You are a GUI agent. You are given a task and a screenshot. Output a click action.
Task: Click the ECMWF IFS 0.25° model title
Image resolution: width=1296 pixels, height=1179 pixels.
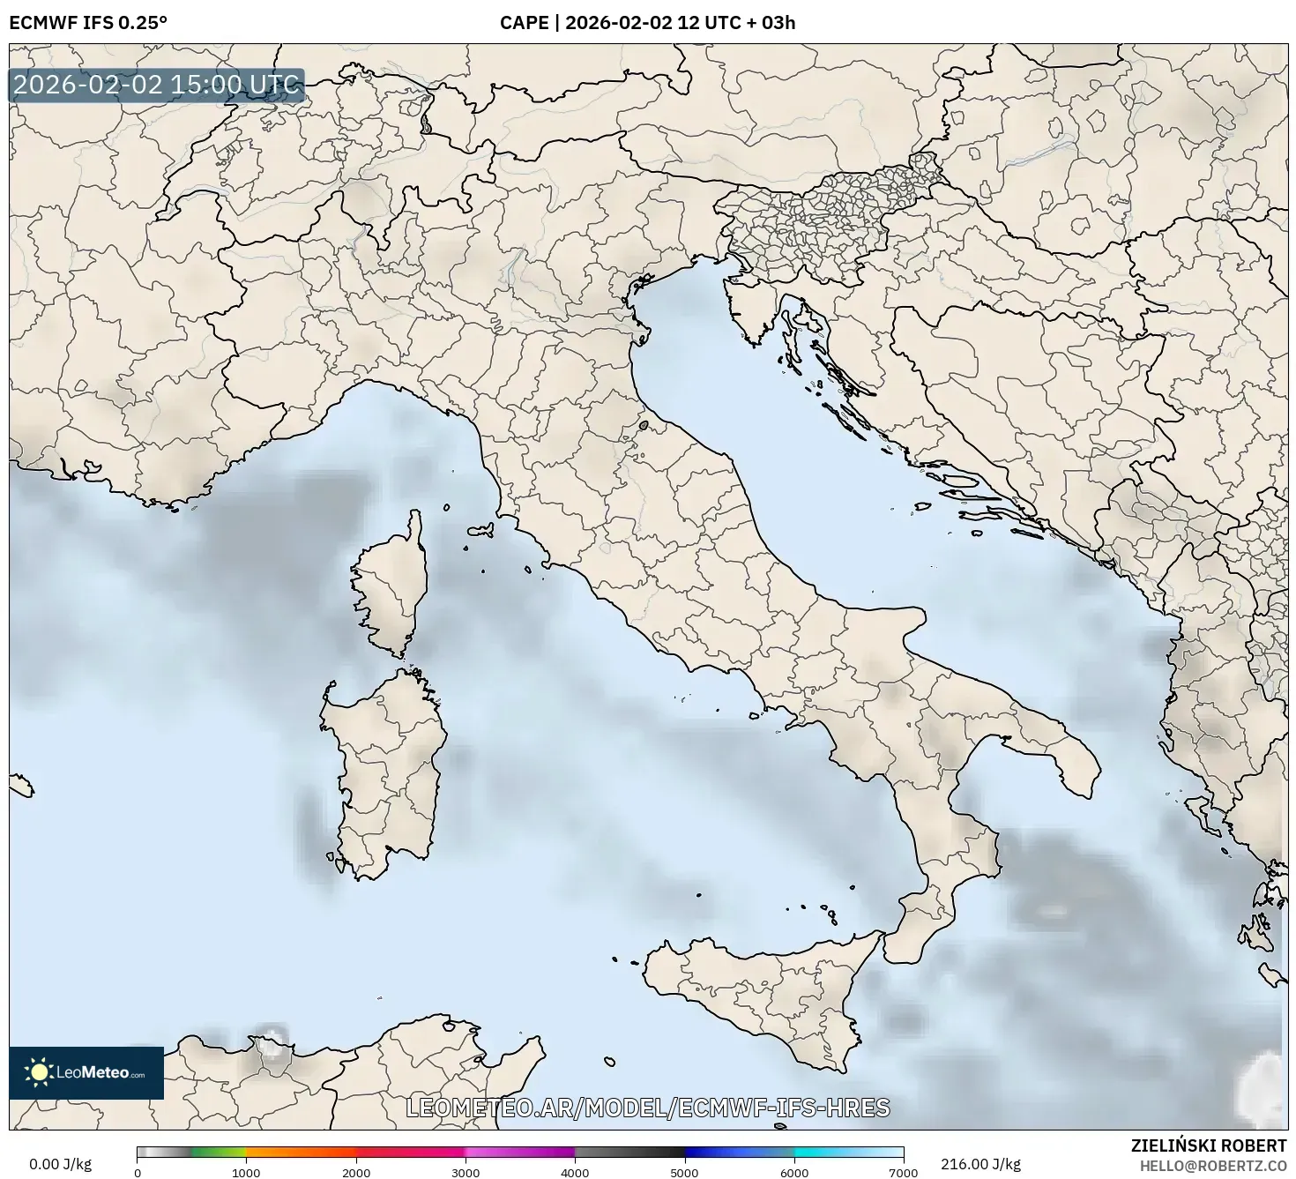(88, 22)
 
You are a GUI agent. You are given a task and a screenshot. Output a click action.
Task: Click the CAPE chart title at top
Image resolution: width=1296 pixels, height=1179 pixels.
(647, 22)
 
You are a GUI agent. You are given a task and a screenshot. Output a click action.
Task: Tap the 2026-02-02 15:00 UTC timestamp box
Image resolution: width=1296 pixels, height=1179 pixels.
(156, 86)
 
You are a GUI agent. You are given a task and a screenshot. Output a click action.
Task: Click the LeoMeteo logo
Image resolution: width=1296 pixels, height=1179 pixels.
(86, 1072)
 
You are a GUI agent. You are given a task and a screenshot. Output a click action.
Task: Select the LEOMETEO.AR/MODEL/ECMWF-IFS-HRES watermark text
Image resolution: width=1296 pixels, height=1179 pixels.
(647, 1108)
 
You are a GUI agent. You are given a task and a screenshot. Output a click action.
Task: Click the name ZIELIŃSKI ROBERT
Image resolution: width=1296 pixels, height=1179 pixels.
(1208, 1145)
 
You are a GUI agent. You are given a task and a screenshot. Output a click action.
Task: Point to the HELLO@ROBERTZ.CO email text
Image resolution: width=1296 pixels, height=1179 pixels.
(1211, 1165)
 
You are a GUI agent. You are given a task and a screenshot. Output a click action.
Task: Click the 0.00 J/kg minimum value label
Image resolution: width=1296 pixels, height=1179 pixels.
(60, 1164)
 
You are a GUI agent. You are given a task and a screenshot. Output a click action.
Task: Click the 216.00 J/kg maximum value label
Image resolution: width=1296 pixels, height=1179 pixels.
(980, 1164)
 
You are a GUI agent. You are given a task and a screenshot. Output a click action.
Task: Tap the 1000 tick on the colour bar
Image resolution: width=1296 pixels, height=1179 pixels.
(246, 1172)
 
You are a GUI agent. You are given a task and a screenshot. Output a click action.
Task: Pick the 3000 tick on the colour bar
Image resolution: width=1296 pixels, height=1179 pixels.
(466, 1172)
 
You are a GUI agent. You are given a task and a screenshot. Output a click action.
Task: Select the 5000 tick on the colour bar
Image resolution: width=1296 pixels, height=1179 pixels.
(684, 1172)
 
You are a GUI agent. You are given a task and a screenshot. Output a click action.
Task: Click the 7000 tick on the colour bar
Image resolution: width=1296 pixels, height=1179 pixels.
(903, 1172)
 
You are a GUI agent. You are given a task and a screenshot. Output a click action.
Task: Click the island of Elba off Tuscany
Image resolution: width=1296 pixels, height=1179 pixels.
(480, 532)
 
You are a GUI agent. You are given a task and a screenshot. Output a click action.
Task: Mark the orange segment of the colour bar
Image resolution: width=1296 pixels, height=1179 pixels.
(300, 1152)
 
